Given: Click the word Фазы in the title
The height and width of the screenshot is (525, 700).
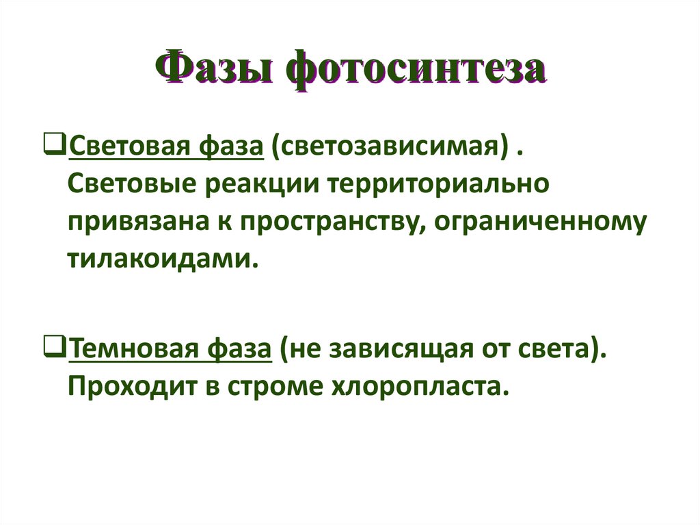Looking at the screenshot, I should (x=215, y=69).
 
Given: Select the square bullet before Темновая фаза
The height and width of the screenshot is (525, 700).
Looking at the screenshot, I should (x=58, y=350).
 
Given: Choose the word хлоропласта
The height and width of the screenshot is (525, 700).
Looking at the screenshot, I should (x=418, y=388).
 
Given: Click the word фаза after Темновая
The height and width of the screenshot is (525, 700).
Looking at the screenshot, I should (x=236, y=350).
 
